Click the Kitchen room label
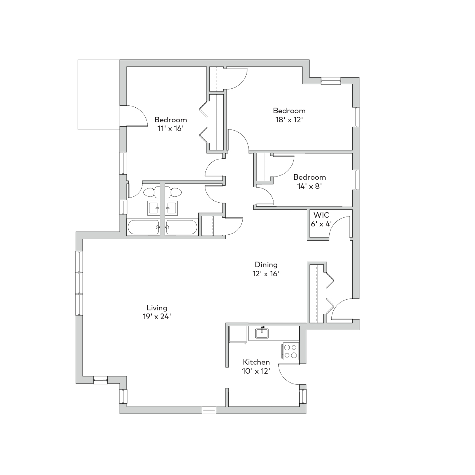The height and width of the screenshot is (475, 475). tap(256, 362)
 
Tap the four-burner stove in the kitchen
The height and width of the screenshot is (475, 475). tap(291, 351)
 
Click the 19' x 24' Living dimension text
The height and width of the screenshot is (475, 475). tap(157, 317)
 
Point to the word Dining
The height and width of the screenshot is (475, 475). tap(266, 265)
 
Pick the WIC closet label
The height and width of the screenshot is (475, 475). tap(321, 215)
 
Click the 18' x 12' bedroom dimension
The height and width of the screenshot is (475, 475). tap(289, 120)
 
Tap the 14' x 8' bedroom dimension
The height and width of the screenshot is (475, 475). tap(310, 186)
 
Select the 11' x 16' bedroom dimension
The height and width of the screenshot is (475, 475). tap(171, 128)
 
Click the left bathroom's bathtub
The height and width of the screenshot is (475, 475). tap(143, 227)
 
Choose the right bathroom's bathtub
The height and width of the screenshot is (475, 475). tap(181, 227)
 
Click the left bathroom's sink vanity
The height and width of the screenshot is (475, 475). tap(154, 208)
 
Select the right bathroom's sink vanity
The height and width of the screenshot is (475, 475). tap(171, 208)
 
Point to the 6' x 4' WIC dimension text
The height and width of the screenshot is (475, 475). tap(321, 224)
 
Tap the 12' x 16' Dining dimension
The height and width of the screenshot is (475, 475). tap(266, 274)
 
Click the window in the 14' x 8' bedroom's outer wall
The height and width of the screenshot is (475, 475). tap(356, 180)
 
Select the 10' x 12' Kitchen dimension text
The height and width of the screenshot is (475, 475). tap(256, 371)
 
